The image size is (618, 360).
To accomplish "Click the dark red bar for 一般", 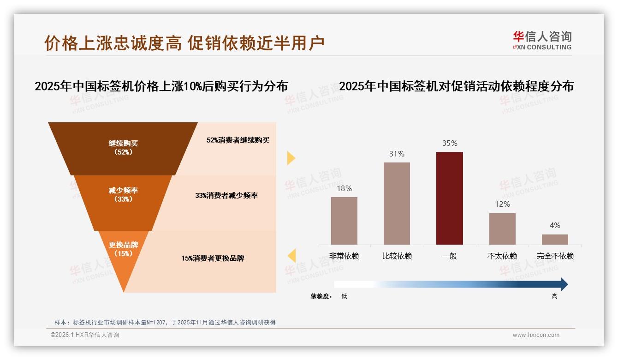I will (x=449, y=198).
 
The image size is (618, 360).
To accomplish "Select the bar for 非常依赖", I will (x=344, y=221).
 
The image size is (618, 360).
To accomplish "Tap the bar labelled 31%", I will (x=397, y=203).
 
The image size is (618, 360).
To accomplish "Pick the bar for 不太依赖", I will (x=502, y=228).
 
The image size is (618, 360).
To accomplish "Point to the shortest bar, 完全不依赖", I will (x=555, y=239).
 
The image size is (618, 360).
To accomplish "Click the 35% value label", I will (x=450, y=144).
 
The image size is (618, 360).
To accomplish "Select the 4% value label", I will (x=555, y=225).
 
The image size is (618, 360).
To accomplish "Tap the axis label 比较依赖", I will (x=397, y=256).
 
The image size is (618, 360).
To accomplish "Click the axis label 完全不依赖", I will (x=555, y=256).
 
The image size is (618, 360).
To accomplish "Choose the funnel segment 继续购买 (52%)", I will (x=123, y=148).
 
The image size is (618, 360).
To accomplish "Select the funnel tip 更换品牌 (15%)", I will (x=123, y=252).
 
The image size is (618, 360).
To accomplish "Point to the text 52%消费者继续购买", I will (x=238, y=140).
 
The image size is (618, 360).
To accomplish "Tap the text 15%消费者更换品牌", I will (x=213, y=258).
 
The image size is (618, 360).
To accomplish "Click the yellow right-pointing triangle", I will (x=291, y=158).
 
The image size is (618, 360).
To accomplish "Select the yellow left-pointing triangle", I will (x=291, y=255).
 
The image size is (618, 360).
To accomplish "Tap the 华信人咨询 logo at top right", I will (x=542, y=40).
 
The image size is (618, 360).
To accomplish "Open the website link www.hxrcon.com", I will (x=535, y=335).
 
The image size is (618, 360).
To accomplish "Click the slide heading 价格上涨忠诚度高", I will (x=113, y=43).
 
